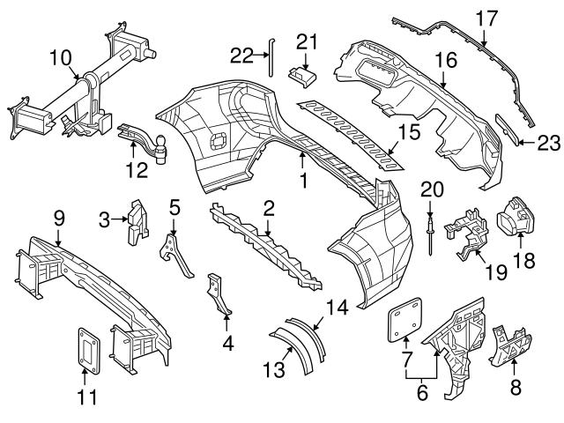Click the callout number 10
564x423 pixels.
(x=60, y=58)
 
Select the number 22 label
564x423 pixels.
(x=241, y=56)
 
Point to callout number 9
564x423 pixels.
(x=58, y=215)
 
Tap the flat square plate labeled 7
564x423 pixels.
(x=404, y=320)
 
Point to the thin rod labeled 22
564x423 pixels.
(x=272, y=59)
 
